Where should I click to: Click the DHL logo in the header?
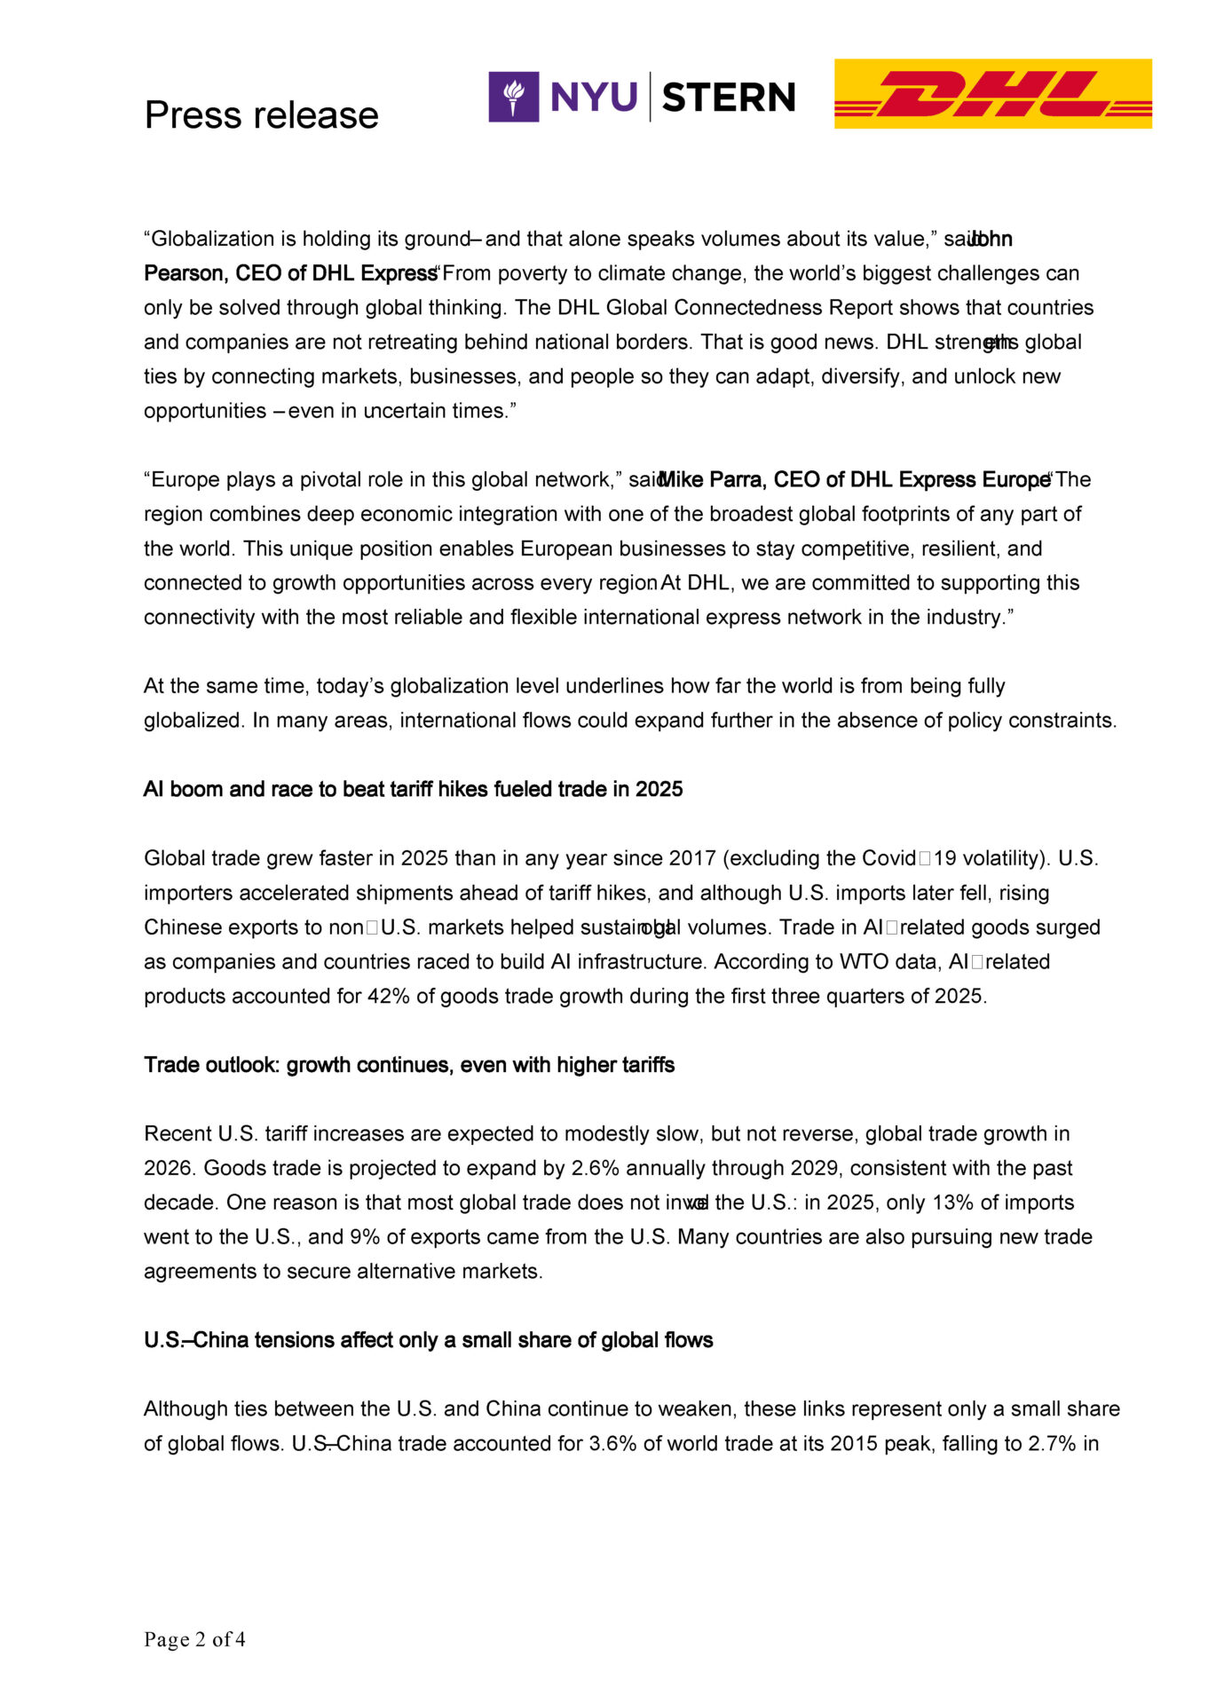click(992, 94)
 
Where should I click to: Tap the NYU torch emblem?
click(513, 97)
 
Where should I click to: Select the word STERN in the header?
click(729, 98)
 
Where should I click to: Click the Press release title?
click(261, 115)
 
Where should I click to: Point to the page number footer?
click(194, 1639)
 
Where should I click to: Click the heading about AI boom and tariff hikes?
click(413, 789)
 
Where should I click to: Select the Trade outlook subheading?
click(409, 1064)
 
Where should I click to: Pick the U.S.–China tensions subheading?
click(428, 1339)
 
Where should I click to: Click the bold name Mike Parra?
click(712, 479)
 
